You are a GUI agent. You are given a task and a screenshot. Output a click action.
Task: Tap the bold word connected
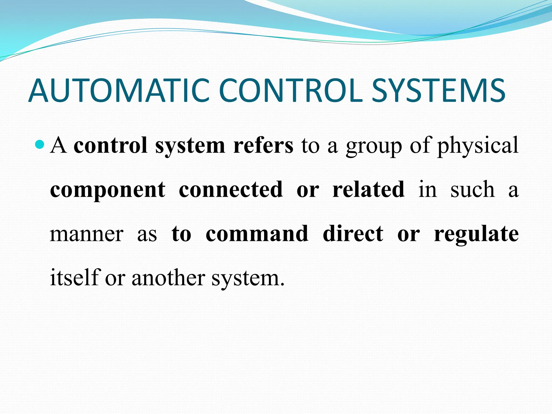click(231, 189)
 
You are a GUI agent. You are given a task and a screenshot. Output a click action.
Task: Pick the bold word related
click(368, 189)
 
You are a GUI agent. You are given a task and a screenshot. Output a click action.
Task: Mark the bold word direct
click(353, 233)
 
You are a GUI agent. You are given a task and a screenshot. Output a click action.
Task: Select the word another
click(168, 278)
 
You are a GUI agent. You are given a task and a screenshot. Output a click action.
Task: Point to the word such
click(472, 190)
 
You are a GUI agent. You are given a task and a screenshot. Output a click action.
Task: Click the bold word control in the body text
click(111, 146)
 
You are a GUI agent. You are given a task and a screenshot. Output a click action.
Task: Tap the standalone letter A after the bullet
click(58, 146)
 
